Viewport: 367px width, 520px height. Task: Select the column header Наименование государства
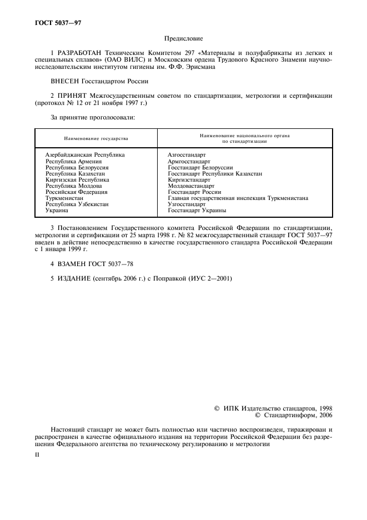95,138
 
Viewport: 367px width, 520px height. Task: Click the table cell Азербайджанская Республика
85,154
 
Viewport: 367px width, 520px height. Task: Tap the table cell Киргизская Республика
77,180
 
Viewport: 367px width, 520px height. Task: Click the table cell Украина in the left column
57,211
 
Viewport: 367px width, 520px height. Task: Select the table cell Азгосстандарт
187,154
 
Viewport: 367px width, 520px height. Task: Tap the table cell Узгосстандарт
187,204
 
